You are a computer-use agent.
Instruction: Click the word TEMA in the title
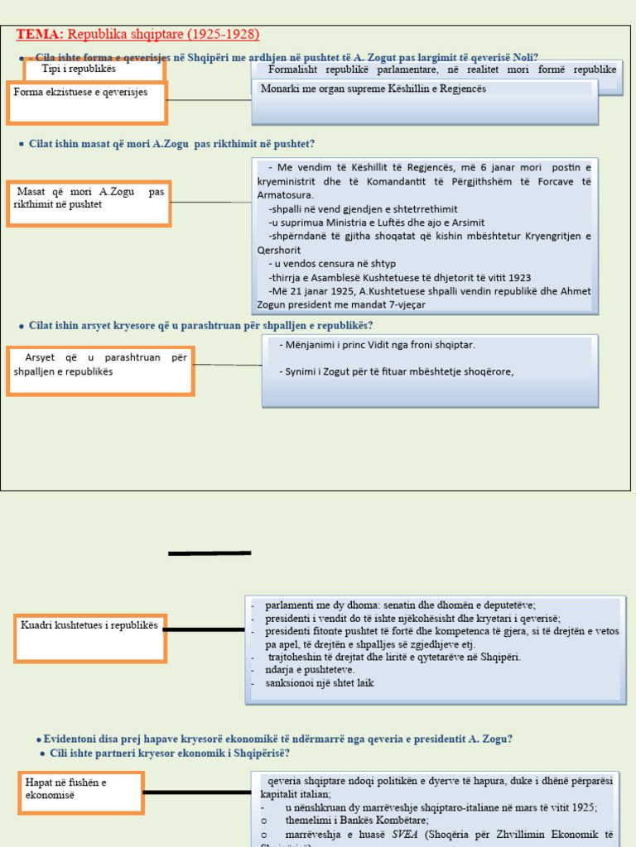(x=39, y=34)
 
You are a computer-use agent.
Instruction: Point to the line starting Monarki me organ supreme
(x=373, y=89)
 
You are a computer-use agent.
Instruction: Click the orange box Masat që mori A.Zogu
(x=89, y=203)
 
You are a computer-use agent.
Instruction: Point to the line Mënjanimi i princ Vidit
(x=378, y=344)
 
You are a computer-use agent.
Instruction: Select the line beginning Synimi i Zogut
(x=397, y=371)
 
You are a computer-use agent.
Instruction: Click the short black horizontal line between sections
(x=210, y=553)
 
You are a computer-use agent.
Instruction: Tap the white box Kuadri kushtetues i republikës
(x=89, y=637)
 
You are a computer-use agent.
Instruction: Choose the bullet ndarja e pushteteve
(x=310, y=669)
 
